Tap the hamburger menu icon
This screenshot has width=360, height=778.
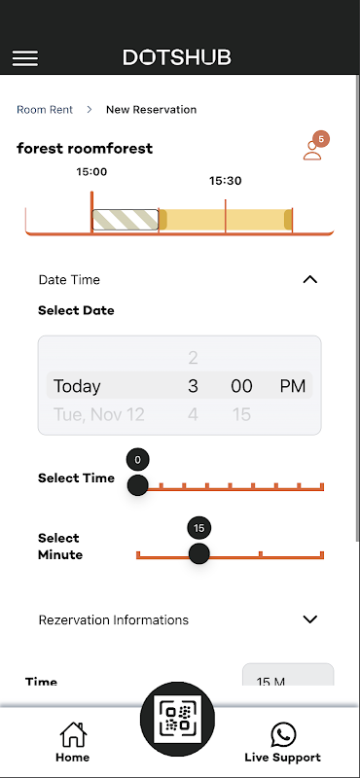coord(25,58)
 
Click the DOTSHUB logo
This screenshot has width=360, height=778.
coord(177,57)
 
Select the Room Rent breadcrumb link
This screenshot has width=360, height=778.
coord(45,110)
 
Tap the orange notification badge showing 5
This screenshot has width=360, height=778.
coord(321,139)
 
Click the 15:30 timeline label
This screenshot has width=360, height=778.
coord(226,181)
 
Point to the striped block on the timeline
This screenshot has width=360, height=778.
coord(126,220)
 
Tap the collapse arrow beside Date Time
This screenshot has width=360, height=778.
coord(309,280)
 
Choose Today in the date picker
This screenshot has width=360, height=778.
coord(77,386)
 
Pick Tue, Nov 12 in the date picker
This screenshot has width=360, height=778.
coord(99,414)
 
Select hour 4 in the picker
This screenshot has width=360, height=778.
coord(194,414)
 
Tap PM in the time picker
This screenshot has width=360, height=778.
coord(293,386)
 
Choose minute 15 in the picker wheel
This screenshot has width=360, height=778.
coord(241,414)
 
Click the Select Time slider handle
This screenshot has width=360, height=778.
coord(137,485)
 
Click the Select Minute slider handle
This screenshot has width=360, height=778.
coord(199,553)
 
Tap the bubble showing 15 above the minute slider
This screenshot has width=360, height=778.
coord(199,528)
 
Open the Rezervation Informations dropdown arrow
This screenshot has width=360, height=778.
coord(309,619)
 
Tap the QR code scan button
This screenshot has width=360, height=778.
coord(177,719)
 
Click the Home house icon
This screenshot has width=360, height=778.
coord(73,734)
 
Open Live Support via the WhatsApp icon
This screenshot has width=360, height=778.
coord(283,735)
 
